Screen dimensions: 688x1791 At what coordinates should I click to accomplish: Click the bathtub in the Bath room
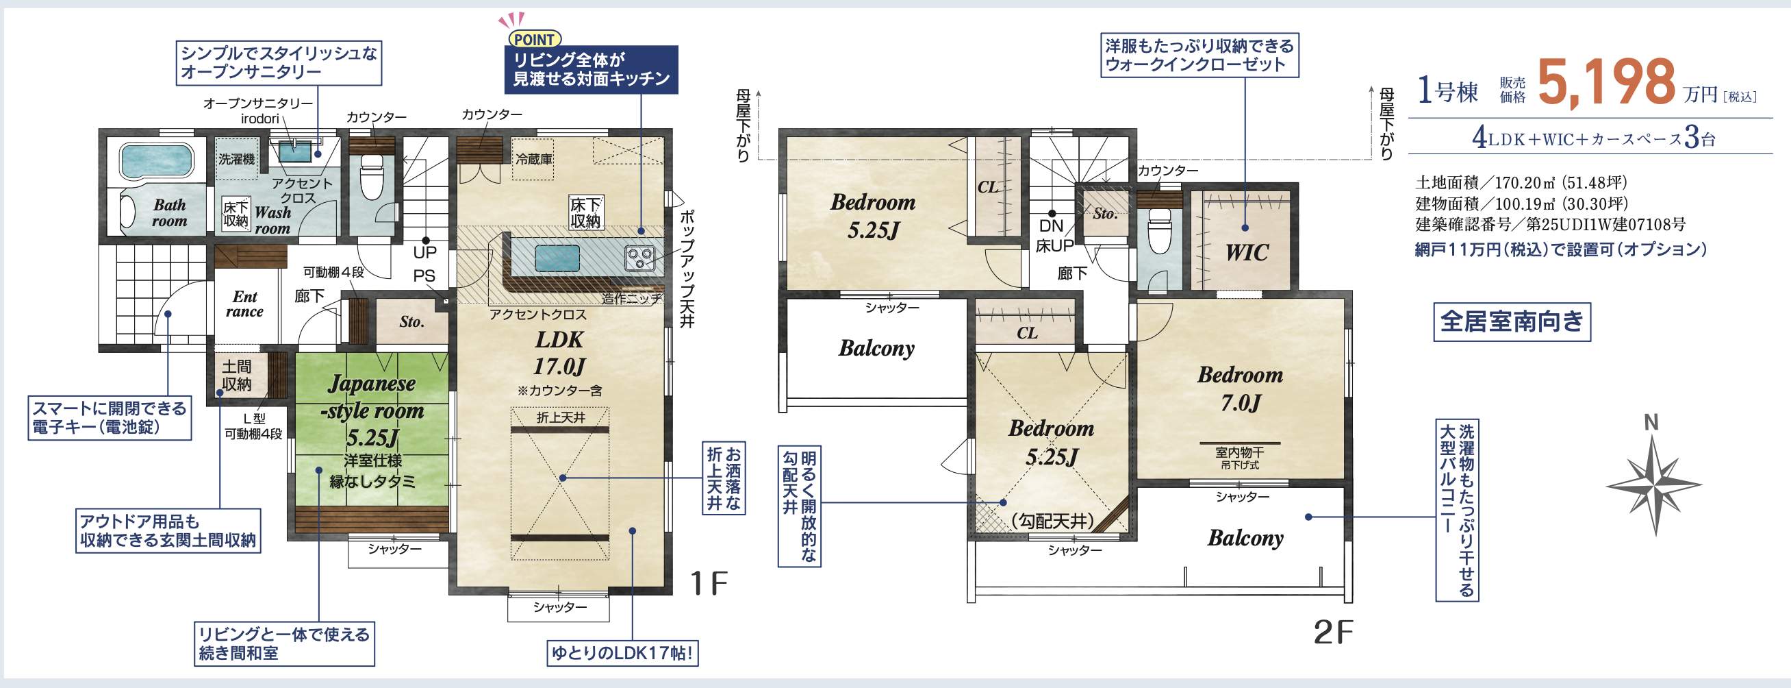[155, 162]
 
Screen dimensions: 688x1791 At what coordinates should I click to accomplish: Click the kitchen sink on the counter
[557, 259]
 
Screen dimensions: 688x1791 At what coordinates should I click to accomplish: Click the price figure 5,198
[1607, 84]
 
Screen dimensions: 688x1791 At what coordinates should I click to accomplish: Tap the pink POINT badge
[534, 40]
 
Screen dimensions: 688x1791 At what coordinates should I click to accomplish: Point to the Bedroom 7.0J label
[1241, 388]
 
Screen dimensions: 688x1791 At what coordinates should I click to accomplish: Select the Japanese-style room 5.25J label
[372, 410]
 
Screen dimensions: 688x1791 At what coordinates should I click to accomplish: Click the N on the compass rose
[1651, 422]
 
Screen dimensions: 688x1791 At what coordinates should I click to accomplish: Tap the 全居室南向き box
[1512, 321]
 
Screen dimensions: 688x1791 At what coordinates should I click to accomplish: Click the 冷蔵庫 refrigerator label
[534, 159]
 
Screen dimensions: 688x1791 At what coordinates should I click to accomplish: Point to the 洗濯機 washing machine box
[236, 159]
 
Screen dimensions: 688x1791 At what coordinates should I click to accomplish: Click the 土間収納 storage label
[236, 375]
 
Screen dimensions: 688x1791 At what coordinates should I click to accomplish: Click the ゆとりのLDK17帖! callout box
[622, 653]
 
